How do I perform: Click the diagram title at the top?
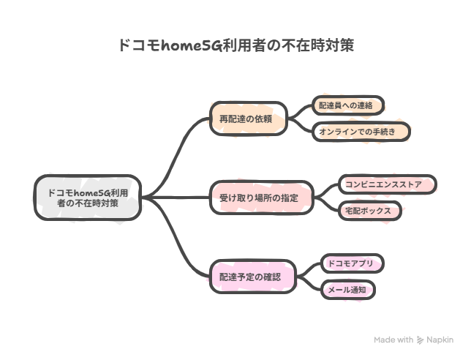click(x=235, y=45)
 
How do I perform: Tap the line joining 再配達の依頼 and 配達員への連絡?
click(x=300, y=110)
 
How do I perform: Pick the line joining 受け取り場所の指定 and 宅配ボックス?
click(x=328, y=206)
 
